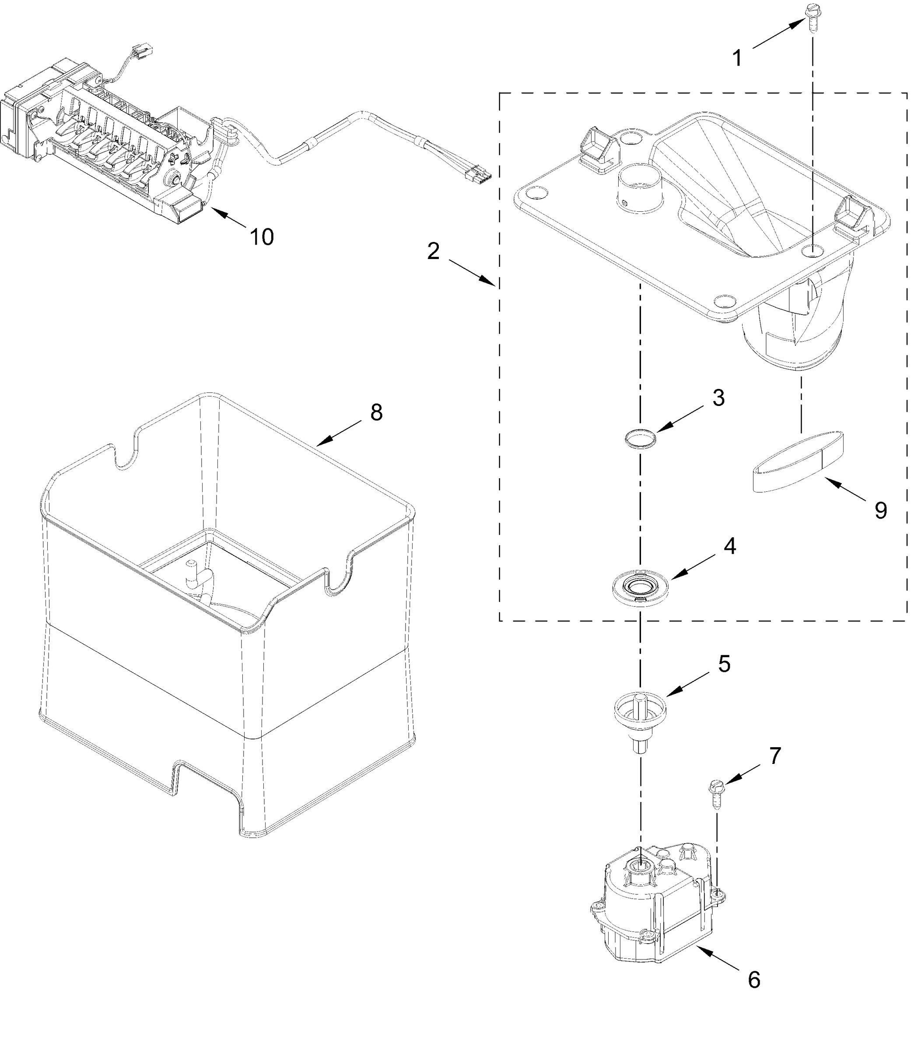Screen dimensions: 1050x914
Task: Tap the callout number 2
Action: coord(433,251)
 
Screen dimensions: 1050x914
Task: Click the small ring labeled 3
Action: coord(641,438)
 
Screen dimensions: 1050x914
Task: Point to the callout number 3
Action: coord(718,398)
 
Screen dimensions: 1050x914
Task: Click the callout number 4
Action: coord(730,546)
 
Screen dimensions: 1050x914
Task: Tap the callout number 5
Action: coord(724,663)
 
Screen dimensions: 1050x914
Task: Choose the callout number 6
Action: coord(754,980)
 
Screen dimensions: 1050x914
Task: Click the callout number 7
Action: coord(775,756)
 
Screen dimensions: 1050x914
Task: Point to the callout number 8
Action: coord(376,412)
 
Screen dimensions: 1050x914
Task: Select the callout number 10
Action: coord(262,237)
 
